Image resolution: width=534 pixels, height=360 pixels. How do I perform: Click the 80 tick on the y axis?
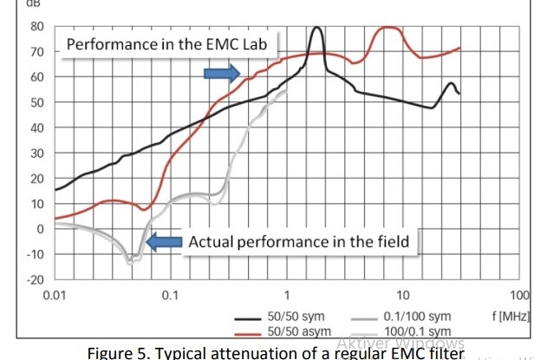coord(36,26)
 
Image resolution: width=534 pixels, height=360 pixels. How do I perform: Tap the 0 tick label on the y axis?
coord(40,229)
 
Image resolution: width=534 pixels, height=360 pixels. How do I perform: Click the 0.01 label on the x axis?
coord(55,296)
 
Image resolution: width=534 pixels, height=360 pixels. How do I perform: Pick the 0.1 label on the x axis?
coord(171,296)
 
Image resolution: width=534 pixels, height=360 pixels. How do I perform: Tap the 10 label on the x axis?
coord(403,296)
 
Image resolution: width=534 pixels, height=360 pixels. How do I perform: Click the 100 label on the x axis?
coord(519,296)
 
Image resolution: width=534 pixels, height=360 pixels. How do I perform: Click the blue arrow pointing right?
coord(221,73)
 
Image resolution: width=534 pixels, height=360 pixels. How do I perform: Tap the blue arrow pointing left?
coord(164,242)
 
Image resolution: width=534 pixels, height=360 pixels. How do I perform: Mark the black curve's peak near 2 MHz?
coord(317,28)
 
